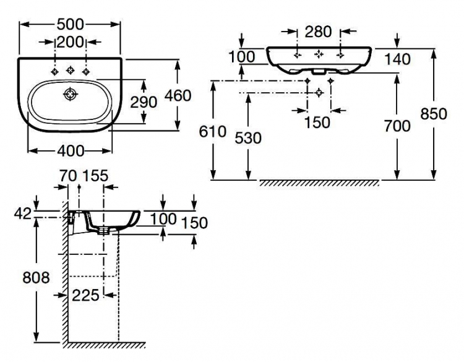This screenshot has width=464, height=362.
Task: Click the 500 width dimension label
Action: point(71,24)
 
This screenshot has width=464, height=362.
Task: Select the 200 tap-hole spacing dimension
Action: point(70,42)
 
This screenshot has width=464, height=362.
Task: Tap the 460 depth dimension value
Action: point(178,96)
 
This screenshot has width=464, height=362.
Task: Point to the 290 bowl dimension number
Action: point(144,103)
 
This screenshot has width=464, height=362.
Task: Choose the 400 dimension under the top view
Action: point(71,151)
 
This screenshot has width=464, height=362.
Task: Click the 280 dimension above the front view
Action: point(319,32)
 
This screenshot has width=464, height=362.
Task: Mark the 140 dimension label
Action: point(397,59)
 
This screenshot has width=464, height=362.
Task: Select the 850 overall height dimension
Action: point(434,114)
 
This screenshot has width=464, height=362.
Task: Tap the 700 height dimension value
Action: point(397,126)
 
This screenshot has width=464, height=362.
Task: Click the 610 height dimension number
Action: point(212,132)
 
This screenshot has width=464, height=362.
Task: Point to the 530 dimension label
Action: point(248,138)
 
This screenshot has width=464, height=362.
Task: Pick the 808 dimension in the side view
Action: point(36,278)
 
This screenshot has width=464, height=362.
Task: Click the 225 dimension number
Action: point(85,295)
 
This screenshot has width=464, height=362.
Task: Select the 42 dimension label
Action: point(22,213)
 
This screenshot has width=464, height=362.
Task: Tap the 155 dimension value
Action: point(95,176)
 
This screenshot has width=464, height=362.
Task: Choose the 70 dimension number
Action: point(68,176)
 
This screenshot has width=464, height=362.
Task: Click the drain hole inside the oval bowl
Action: point(71,95)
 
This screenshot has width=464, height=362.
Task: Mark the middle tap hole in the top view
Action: point(71,70)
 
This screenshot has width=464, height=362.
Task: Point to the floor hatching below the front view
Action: point(320,183)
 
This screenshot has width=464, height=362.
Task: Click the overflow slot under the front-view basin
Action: point(319,71)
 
